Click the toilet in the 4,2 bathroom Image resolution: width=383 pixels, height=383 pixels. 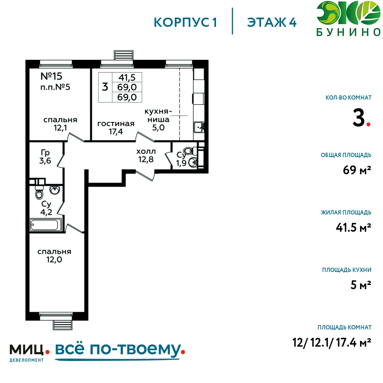pos(39,193)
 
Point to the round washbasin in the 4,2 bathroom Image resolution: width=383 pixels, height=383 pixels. pos(55,190)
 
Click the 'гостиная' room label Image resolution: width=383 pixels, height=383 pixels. pos(116,124)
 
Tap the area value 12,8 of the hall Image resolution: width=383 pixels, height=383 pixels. pos(146,159)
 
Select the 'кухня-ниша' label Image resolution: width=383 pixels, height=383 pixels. pos(158,115)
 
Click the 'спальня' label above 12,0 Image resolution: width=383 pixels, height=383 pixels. pos(54,252)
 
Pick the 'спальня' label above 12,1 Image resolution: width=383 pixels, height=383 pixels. pos(61,119)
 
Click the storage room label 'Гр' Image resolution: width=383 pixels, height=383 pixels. pos(45,153)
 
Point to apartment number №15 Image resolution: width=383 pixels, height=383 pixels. pos(51,76)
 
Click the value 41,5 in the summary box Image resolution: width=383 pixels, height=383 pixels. pos(127,77)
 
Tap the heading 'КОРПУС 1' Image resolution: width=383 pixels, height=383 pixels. pos(185,23)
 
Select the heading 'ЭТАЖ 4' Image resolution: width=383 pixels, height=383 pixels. pos(272,23)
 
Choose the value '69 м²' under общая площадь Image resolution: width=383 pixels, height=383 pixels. pos(357,170)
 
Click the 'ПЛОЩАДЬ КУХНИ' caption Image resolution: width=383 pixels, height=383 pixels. pos(347,270)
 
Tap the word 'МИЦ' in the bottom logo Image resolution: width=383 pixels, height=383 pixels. pos(27,350)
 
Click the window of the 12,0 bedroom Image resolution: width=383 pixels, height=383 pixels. pos(56,316)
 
